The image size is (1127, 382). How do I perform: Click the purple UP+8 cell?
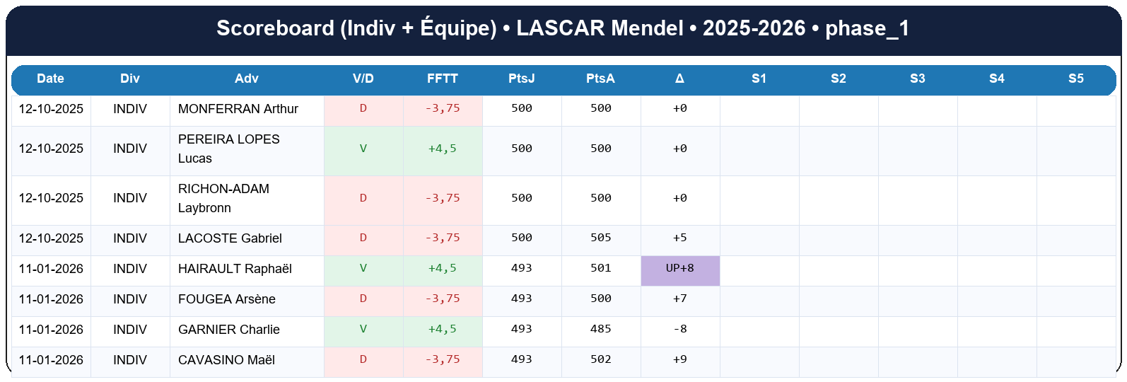(679, 269)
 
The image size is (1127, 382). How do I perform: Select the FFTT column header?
(443, 79)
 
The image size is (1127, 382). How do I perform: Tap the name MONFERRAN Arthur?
(238, 109)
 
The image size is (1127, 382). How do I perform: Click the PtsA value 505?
(600, 238)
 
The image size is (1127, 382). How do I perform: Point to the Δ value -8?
(679, 330)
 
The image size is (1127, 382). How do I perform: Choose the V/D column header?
(363, 79)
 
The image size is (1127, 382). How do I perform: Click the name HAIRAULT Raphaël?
(235, 269)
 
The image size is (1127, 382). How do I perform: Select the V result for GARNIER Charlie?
(363, 330)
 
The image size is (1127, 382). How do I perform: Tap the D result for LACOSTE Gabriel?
(363, 238)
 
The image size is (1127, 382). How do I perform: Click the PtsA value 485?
(600, 330)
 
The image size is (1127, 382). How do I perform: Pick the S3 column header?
(918, 79)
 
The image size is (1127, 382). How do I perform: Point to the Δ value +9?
(679, 360)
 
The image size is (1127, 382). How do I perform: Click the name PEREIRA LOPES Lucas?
(228, 149)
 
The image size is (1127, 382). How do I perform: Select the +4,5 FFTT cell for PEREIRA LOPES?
(443, 149)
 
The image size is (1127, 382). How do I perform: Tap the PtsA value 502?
(600, 360)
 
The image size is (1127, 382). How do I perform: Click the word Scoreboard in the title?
(275, 28)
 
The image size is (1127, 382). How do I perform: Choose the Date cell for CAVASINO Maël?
(51, 360)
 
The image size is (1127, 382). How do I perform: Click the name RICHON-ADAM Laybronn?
(223, 198)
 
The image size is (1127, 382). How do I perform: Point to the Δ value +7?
(679, 299)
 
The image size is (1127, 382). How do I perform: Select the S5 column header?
(1075, 79)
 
